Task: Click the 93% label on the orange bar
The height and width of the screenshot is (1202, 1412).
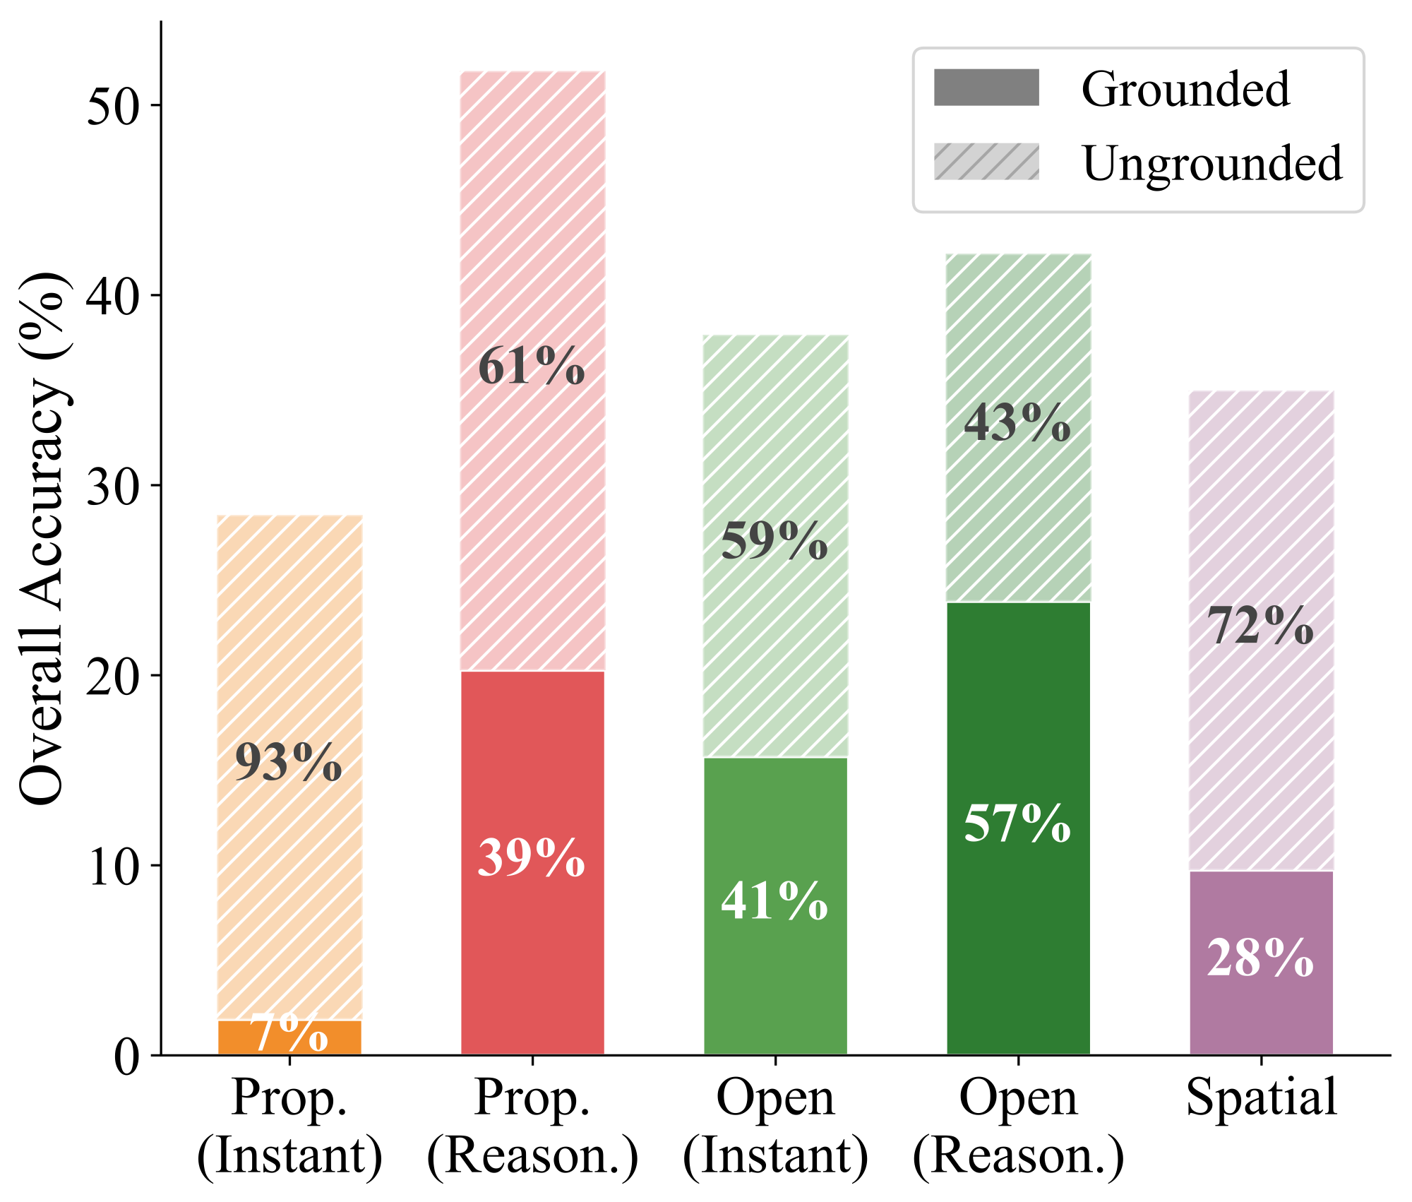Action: pyautogui.click(x=288, y=763)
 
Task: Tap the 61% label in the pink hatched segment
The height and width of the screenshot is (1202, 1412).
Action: pyautogui.click(x=531, y=367)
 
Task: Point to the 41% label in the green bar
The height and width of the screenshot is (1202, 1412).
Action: pyautogui.click(x=774, y=902)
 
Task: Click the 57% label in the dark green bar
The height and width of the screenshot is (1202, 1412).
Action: pyautogui.click(x=1017, y=824)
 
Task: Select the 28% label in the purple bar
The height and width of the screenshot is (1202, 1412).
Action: pyautogui.click(x=1260, y=959)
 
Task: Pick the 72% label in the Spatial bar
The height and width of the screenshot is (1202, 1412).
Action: pyautogui.click(x=1260, y=626)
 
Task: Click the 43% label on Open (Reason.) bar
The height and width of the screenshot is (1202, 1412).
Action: pyautogui.click(x=1017, y=424)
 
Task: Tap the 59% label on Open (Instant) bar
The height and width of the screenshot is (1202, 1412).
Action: pyautogui.click(x=774, y=542)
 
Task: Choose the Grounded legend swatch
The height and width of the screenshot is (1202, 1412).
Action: pyautogui.click(x=986, y=88)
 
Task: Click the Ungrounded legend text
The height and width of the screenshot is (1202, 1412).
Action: pyautogui.click(x=1211, y=163)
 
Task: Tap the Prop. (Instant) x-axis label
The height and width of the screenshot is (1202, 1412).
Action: pyautogui.click(x=289, y=1127)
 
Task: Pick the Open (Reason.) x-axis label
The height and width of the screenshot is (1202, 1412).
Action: pyautogui.click(x=1017, y=1127)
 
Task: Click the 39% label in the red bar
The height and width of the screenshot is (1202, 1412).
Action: pyautogui.click(x=531, y=859)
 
